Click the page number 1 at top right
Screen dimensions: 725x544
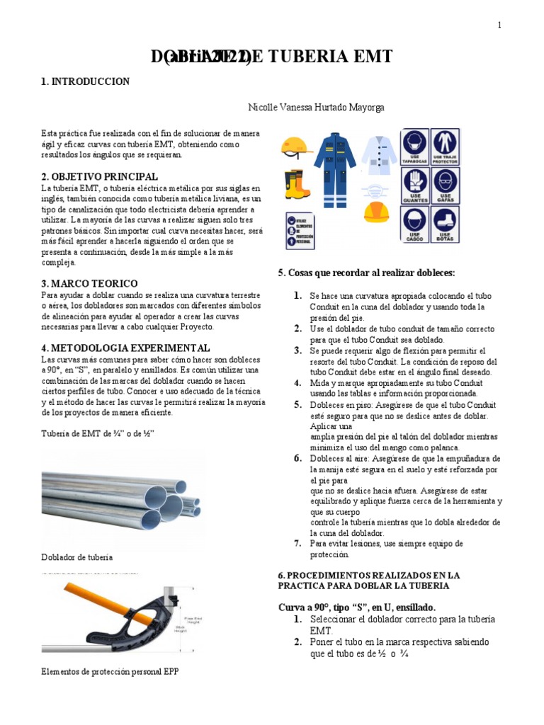tap(499, 25)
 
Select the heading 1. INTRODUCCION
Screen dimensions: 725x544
tap(85, 82)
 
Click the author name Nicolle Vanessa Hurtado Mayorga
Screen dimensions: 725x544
tap(316, 108)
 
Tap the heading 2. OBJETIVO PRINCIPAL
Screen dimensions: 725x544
tap(99, 176)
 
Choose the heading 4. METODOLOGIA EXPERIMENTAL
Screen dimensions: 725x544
tap(125, 348)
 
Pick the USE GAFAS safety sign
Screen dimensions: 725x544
tap(445, 185)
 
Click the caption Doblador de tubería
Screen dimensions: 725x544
tap(77, 557)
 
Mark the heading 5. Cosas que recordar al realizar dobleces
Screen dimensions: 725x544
tap(367, 273)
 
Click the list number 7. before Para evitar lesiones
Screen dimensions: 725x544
tap(298, 544)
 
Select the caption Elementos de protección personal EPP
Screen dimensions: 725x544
tap(110, 671)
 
